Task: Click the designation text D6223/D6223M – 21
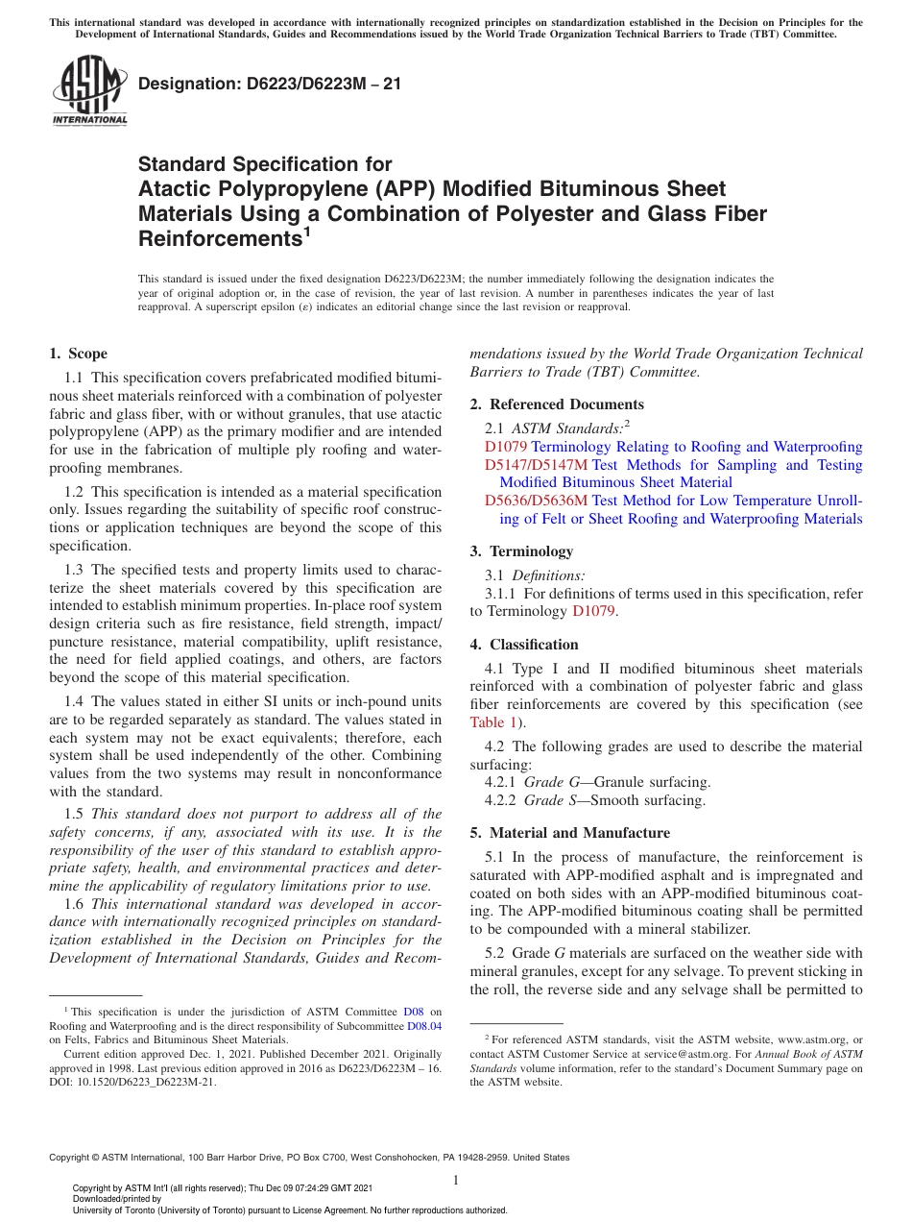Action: coord(270,84)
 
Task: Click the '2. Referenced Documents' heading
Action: coord(557,404)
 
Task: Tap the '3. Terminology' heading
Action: coord(521,551)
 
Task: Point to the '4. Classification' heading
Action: coord(524,645)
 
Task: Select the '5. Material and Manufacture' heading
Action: coord(570,833)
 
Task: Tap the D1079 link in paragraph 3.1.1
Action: coord(595,611)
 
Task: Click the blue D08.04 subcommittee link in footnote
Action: coord(427,1026)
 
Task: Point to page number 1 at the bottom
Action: coord(456,1180)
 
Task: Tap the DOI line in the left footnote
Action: coord(133,1082)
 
